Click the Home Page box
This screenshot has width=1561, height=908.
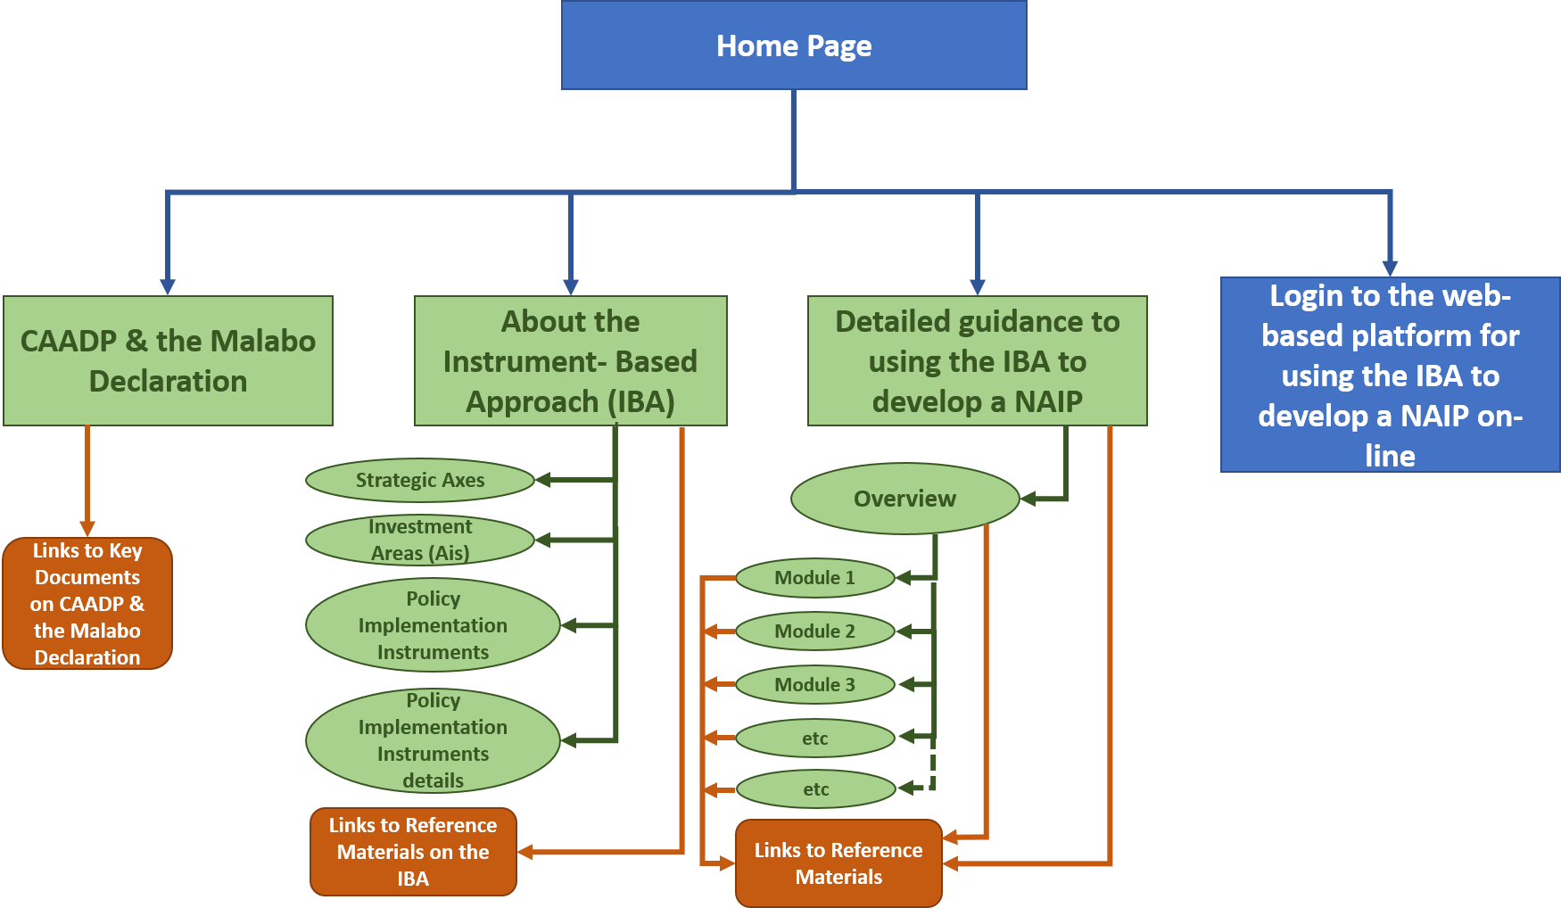(x=794, y=45)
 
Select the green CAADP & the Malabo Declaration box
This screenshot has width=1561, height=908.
(x=168, y=360)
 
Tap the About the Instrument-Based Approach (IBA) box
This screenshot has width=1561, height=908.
(x=571, y=360)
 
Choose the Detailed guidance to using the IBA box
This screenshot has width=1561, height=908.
(x=977, y=360)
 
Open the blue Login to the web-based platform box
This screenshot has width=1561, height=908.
(x=1390, y=375)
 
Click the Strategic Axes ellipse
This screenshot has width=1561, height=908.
(x=420, y=481)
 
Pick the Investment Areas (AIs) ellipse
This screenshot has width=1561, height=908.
(x=420, y=540)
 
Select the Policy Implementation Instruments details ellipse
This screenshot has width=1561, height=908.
(x=433, y=740)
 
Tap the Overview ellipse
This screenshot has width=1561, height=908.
(x=904, y=499)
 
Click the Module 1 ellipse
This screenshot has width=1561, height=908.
(x=814, y=578)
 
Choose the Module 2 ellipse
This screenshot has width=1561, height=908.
(x=814, y=631)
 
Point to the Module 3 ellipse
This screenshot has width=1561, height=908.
(x=814, y=685)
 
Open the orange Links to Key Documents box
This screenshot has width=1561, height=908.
(x=87, y=604)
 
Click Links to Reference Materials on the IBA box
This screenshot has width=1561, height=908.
(x=413, y=852)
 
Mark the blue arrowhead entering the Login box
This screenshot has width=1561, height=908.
(x=1390, y=268)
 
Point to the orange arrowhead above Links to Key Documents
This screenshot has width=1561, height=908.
(x=87, y=529)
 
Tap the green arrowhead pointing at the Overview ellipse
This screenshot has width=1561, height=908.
(x=1028, y=499)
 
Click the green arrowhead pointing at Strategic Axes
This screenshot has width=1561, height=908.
(x=542, y=481)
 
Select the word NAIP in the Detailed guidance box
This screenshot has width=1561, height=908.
(x=1048, y=401)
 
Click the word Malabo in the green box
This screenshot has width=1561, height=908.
(x=263, y=341)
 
